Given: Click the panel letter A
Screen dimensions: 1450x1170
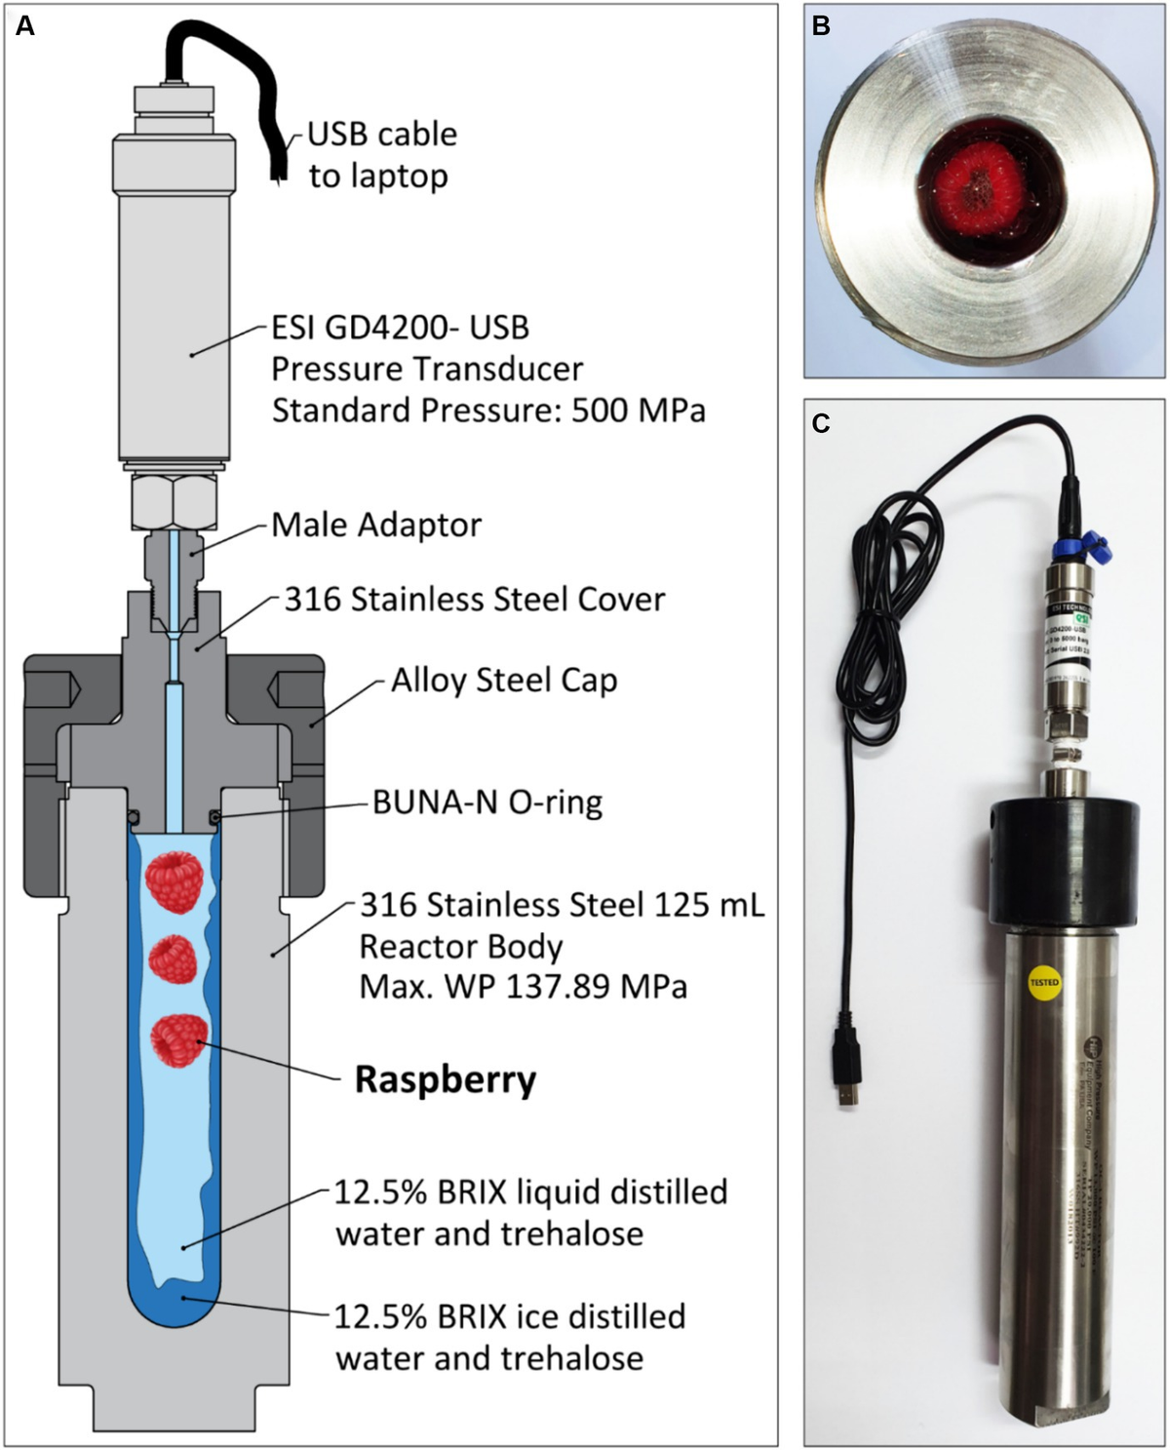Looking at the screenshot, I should click(x=25, y=26).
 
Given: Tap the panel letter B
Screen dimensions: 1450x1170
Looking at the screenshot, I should click(x=821, y=26).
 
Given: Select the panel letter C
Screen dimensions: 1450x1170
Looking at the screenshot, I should click(x=821, y=423).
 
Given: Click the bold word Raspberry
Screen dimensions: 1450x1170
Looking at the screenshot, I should click(x=446, y=1079).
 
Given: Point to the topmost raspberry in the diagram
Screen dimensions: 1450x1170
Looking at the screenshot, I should click(x=175, y=881).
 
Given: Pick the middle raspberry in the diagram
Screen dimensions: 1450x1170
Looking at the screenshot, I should click(x=174, y=960).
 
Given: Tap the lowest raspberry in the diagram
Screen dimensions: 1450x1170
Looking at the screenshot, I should click(x=179, y=1039).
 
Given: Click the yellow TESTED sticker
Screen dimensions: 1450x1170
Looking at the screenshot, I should click(x=1044, y=982).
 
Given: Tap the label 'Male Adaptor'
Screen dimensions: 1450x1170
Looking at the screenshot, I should click(x=376, y=525).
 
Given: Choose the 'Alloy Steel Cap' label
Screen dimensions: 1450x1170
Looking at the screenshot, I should click(x=503, y=680).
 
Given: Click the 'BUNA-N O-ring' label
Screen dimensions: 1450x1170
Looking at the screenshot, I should click(x=487, y=803).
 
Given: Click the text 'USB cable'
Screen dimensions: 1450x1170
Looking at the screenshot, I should click(x=382, y=134).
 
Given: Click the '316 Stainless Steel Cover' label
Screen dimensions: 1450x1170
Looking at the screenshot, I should click(x=474, y=599).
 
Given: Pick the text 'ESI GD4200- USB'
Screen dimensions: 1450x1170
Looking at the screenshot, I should click(x=400, y=328).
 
